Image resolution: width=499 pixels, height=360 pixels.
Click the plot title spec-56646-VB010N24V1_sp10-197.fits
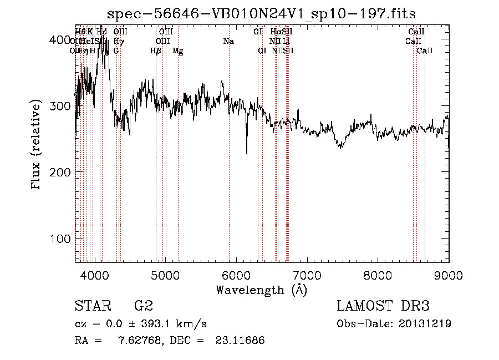pyautogui.click(x=262, y=13)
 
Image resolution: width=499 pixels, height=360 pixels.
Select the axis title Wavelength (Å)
pyautogui.click(x=261, y=290)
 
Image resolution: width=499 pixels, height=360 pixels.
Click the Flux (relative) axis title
pyautogui.click(x=37, y=145)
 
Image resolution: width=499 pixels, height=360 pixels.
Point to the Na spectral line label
pyautogui.click(x=228, y=41)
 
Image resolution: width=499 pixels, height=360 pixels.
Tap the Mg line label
pyautogui.click(x=178, y=51)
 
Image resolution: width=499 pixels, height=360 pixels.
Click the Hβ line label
pyautogui.click(x=156, y=50)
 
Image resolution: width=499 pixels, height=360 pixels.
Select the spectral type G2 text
pyautogui.click(x=144, y=306)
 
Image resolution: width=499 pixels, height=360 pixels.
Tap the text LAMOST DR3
pyautogui.click(x=383, y=306)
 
